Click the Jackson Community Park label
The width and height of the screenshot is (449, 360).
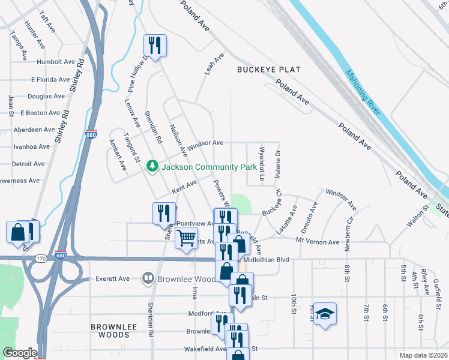(205, 165)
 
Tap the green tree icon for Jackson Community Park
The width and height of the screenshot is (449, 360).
(152, 165)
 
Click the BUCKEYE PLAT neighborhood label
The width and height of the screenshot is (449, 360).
(268, 70)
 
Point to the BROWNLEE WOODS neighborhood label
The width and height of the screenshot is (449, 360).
(114, 327)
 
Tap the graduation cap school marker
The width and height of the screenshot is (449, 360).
(325, 314)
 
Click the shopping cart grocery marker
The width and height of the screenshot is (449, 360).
(186, 237)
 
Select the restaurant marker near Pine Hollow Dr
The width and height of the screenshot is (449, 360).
(155, 46)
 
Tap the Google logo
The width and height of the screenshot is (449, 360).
(19, 353)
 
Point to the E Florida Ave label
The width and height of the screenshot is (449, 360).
(50, 79)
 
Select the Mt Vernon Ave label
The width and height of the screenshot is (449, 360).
(318, 242)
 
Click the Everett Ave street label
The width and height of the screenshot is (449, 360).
(113, 279)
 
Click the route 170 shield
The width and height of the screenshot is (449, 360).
(41, 259)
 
